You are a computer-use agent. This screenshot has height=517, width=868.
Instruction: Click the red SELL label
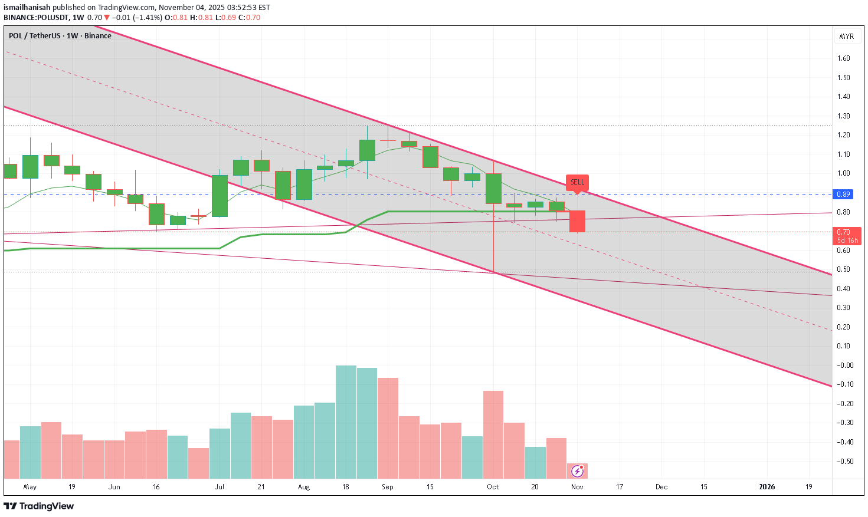pos(577,182)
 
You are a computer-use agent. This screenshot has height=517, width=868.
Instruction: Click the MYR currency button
pos(846,36)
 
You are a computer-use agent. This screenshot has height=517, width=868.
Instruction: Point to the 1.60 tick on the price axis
pos(843,58)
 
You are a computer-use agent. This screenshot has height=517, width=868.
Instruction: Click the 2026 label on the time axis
pos(767,487)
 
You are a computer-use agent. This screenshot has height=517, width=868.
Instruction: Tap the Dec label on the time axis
pos(661,487)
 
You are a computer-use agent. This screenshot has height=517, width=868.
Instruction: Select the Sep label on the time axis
pos(387,487)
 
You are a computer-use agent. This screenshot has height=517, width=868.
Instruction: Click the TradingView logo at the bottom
pos(39,506)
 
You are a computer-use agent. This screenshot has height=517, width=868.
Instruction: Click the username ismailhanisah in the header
pos(27,8)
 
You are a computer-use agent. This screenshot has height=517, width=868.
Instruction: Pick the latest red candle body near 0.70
pos(577,221)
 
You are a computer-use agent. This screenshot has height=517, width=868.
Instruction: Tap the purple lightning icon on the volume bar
pos(577,471)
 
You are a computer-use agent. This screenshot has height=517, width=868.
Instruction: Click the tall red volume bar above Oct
pos(493,434)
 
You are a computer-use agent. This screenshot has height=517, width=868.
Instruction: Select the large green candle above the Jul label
pos(220,196)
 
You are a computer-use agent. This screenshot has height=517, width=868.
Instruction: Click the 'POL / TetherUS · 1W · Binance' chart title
pos(60,36)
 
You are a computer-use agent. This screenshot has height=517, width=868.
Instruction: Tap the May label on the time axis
pos(30,487)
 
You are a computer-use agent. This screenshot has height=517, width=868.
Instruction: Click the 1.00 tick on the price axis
pos(843,173)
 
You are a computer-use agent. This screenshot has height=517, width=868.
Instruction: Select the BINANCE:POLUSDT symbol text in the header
pos(35,18)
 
